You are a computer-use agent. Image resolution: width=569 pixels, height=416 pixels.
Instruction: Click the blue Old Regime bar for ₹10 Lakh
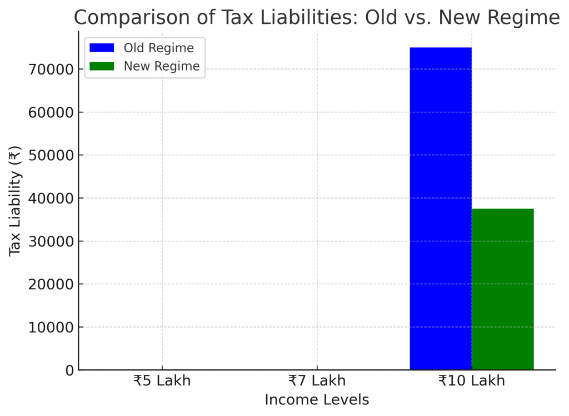point(441,209)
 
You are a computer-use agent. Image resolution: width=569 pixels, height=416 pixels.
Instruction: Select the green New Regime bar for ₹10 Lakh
point(503,289)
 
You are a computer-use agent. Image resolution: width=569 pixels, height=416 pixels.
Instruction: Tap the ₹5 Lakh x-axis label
point(162,381)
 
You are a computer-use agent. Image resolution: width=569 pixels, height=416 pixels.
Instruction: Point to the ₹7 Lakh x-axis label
point(317,381)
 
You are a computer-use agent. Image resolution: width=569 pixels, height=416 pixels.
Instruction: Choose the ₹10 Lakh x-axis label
point(471,381)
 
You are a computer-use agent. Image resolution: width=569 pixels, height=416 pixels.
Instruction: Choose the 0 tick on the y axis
point(69,370)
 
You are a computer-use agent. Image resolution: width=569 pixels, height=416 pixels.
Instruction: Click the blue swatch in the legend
point(102,48)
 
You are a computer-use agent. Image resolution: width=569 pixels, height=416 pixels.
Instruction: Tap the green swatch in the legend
point(102,66)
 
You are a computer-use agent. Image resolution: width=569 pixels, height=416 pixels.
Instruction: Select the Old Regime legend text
point(159,48)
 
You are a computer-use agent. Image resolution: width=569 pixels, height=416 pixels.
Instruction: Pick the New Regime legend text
point(162,66)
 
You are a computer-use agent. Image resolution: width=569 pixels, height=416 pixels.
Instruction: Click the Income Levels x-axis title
point(317,400)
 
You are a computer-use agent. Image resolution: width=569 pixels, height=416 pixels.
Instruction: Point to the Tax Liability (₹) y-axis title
point(15,201)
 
